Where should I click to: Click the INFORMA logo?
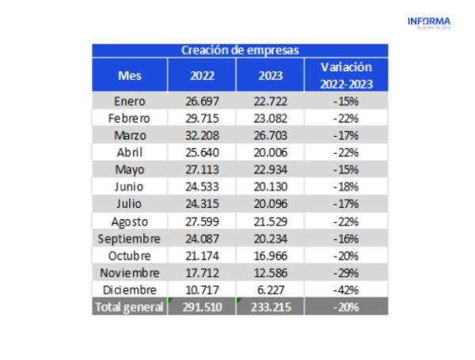(x=428, y=22)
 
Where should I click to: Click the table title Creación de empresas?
(x=240, y=51)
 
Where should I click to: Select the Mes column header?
(x=130, y=76)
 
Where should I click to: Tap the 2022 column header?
(x=202, y=76)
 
